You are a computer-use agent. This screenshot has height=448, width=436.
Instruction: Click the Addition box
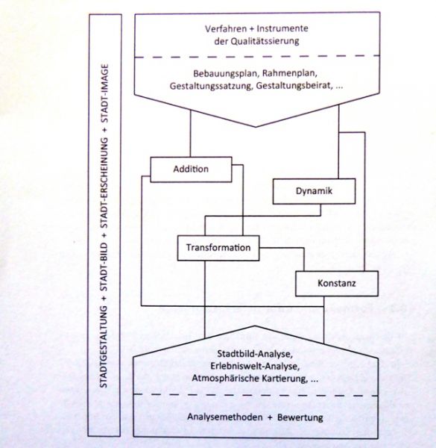(x=191, y=169)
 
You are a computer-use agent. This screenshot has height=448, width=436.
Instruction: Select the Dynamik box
(x=314, y=191)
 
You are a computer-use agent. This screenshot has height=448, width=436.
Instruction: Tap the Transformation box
(x=218, y=248)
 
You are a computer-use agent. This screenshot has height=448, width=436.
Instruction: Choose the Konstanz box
(x=337, y=284)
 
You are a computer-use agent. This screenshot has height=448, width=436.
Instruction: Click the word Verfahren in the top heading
(x=222, y=28)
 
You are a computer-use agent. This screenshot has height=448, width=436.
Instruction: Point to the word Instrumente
(x=282, y=28)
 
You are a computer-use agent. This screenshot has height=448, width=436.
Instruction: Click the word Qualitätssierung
(x=265, y=41)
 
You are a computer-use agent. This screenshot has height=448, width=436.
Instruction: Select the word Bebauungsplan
(x=226, y=74)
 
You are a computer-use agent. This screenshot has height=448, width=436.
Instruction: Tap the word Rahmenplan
(x=290, y=73)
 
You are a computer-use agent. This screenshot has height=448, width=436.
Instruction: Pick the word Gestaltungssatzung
(x=212, y=86)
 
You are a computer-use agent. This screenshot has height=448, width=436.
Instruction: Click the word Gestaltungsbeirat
(x=294, y=86)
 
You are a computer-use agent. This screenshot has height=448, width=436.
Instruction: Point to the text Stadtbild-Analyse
(x=255, y=354)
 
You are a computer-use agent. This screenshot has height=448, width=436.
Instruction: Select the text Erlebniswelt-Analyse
(x=255, y=367)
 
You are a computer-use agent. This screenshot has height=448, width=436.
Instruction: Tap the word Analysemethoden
(x=225, y=417)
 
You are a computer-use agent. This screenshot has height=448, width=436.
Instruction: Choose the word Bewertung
(x=300, y=417)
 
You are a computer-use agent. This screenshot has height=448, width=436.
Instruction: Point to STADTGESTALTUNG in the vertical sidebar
(x=104, y=347)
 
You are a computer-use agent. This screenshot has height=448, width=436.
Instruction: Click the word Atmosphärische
(x=227, y=379)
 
